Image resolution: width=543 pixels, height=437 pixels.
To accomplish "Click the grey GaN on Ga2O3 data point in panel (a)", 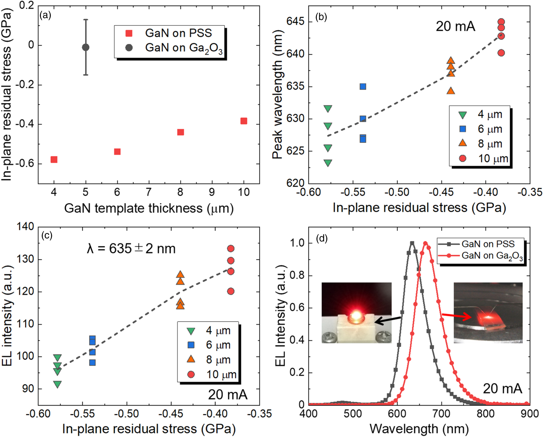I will (86, 47).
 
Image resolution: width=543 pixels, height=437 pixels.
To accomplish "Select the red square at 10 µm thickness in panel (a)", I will (244, 121).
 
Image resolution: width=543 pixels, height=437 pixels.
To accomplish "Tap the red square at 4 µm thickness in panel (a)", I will (54, 159).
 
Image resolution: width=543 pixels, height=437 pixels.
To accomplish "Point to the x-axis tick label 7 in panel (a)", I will (149, 192).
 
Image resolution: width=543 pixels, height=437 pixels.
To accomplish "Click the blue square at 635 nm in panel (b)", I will (363, 87).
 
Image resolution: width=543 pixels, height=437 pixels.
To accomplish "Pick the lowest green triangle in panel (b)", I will (328, 163).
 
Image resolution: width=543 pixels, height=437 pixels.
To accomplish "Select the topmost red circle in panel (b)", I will (501, 22).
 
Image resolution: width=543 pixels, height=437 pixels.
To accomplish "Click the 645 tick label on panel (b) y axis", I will (295, 21).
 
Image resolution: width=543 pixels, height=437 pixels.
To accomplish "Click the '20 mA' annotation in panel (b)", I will (455, 26).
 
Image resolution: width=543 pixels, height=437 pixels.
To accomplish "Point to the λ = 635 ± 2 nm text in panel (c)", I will (131, 248).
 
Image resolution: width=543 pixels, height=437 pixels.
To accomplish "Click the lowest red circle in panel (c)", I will (231, 291).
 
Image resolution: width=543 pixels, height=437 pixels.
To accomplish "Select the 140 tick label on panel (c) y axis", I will (25, 227).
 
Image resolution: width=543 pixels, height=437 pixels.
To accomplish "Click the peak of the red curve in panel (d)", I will (425, 243).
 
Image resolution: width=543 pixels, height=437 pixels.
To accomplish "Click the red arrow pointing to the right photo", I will (456, 316).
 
